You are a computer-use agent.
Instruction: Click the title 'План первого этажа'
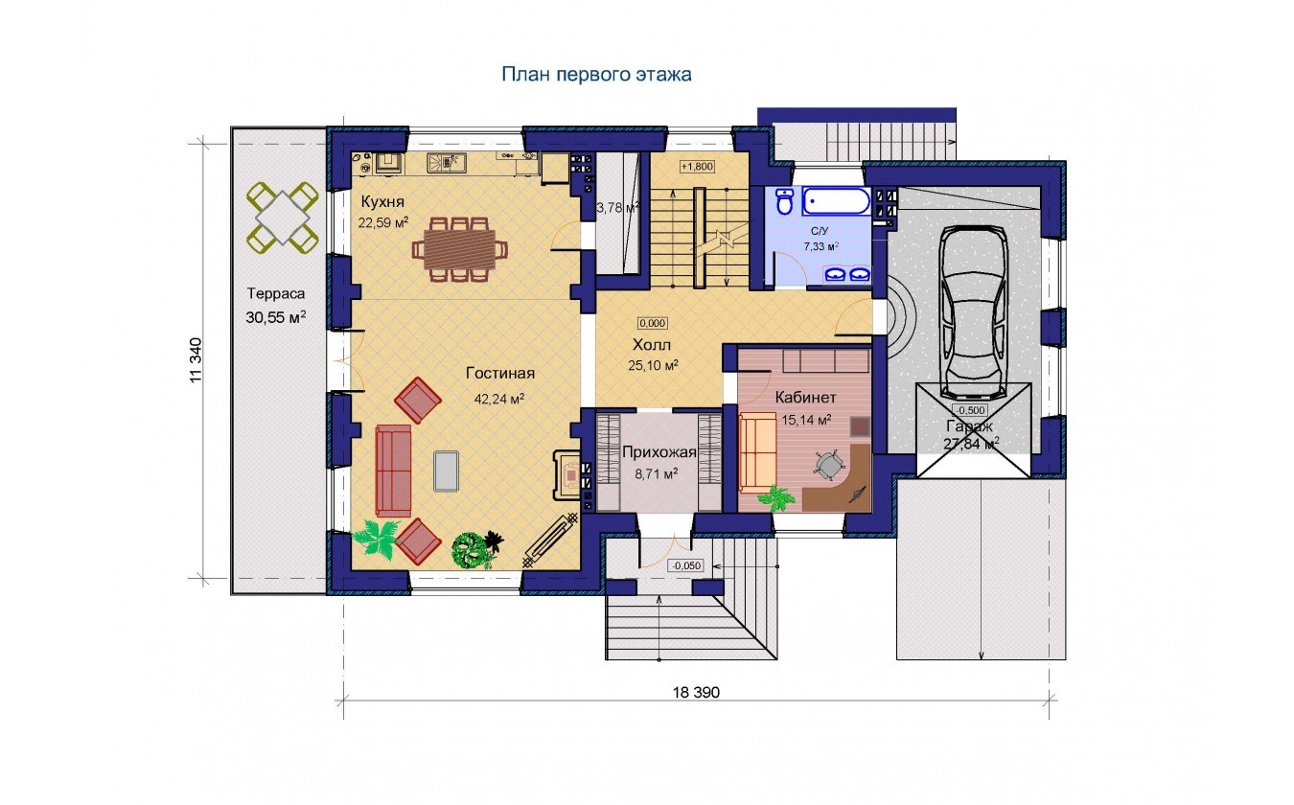(596, 75)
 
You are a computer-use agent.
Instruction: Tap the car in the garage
(974, 311)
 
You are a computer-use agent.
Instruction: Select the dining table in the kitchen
(460, 249)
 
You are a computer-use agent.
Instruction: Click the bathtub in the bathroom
(836, 202)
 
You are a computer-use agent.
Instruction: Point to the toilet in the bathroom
(784, 201)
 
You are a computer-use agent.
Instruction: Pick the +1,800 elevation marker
(697, 167)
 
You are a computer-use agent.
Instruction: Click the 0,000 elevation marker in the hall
(652, 323)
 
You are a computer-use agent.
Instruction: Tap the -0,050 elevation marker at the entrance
(686, 566)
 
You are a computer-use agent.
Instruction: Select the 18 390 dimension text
(696, 692)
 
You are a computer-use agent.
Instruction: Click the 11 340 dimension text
(196, 359)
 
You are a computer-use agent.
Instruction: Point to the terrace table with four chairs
(283, 218)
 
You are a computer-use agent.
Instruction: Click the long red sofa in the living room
(393, 471)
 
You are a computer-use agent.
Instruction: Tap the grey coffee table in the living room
(447, 471)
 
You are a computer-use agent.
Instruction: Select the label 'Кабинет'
(805, 398)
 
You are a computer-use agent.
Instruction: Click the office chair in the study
(829, 463)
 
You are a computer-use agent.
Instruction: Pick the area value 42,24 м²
(499, 399)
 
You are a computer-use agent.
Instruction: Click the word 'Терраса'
(275, 293)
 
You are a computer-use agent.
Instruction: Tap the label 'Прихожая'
(659, 452)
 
